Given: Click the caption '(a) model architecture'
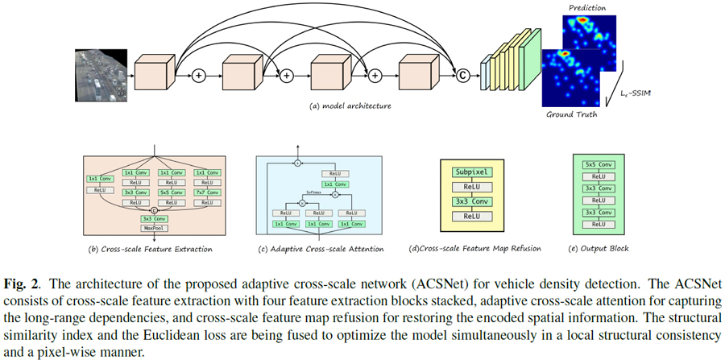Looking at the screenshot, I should pos(350,106).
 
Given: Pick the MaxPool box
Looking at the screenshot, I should pos(153,228).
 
